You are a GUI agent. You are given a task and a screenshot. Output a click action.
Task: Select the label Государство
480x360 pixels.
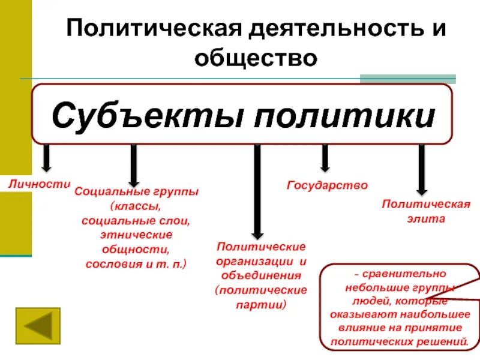pyautogui.click(x=326, y=185)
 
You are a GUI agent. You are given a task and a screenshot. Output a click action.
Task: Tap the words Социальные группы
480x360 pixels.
pyautogui.click(x=136, y=194)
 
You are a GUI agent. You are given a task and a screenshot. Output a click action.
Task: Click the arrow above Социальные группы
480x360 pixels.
pyautogui.click(x=134, y=165)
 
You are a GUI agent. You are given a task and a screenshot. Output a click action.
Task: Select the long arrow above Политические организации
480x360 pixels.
pyautogui.click(x=257, y=192)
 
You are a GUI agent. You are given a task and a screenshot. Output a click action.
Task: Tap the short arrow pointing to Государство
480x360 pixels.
pyautogui.click(x=325, y=159)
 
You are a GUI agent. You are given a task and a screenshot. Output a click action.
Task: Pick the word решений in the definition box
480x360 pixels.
pyautogui.click(x=443, y=342)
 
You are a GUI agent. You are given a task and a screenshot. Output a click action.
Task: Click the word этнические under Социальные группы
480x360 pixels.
pyautogui.click(x=136, y=235)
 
